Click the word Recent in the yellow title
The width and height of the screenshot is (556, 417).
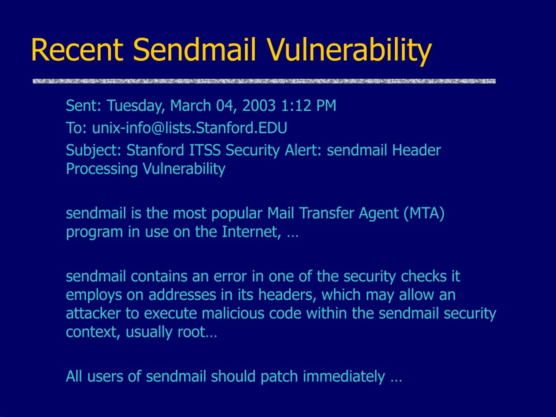click(x=77, y=50)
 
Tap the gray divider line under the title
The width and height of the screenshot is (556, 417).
click(x=264, y=81)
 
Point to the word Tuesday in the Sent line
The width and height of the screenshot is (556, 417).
click(x=136, y=106)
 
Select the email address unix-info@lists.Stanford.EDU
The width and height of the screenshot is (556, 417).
click(x=190, y=128)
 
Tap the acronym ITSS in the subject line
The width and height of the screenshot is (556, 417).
click(x=205, y=150)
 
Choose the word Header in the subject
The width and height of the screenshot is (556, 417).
click(x=417, y=150)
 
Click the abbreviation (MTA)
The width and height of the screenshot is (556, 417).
click(x=424, y=214)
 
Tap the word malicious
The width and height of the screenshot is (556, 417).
click(x=233, y=313)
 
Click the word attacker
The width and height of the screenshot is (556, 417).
click(x=93, y=313)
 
